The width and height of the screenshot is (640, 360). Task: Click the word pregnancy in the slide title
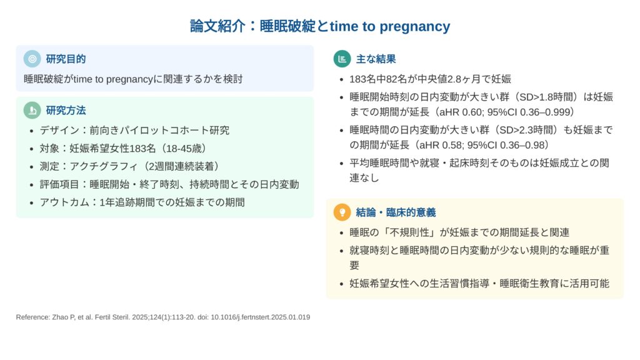coord(415,27)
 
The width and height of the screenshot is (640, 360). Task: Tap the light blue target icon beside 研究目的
coord(32,59)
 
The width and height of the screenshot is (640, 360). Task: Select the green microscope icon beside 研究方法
coord(32,110)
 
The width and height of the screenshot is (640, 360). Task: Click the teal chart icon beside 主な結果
coord(342,59)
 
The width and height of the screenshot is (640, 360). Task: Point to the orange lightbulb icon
coord(342,212)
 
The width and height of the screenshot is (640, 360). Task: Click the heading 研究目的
coord(66,59)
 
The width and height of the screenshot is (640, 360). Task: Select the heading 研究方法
coord(66,111)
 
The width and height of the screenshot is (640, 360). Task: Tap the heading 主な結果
coord(376,59)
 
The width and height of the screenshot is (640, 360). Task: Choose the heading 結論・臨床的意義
coord(396,212)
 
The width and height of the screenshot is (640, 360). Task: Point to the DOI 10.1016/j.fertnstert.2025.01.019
coord(261,317)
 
